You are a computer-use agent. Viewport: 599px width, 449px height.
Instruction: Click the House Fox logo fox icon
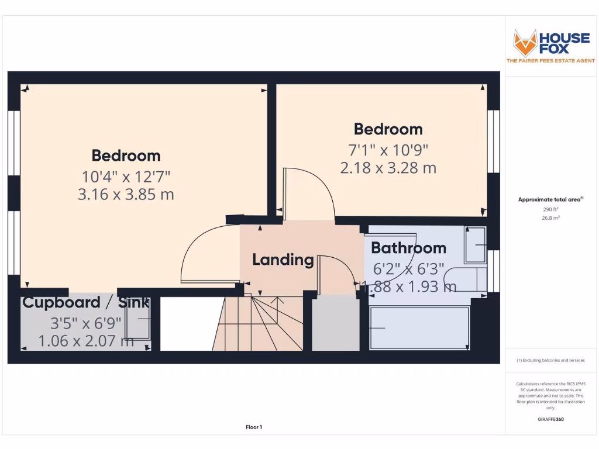(x=525, y=42)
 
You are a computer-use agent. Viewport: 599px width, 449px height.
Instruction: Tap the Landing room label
(x=283, y=260)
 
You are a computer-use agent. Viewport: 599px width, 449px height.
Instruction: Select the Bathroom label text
(x=408, y=248)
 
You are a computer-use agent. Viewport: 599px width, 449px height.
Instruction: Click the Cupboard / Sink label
(x=85, y=303)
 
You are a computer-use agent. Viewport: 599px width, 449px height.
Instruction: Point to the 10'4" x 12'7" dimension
(x=126, y=175)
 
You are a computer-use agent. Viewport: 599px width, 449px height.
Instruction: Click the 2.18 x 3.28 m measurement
(x=388, y=168)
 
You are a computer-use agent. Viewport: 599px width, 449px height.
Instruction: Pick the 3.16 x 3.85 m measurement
(x=126, y=194)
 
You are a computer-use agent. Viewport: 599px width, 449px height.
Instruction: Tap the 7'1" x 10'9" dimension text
(x=388, y=150)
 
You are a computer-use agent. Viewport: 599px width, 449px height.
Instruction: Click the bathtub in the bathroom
(x=419, y=328)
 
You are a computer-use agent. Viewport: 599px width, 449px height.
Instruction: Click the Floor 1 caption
(x=253, y=427)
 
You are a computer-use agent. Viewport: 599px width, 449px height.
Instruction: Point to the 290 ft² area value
(x=550, y=209)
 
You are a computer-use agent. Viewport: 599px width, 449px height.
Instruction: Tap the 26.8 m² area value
(x=550, y=217)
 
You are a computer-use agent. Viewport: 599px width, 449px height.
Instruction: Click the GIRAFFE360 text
(x=550, y=419)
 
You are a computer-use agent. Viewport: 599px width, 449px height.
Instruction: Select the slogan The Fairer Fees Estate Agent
(x=550, y=61)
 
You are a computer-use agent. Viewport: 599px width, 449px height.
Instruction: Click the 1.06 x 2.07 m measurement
(x=86, y=340)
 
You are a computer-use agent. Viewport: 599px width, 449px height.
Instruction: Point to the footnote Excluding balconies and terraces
(x=550, y=361)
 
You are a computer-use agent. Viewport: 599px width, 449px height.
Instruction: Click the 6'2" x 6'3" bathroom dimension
(x=408, y=269)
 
